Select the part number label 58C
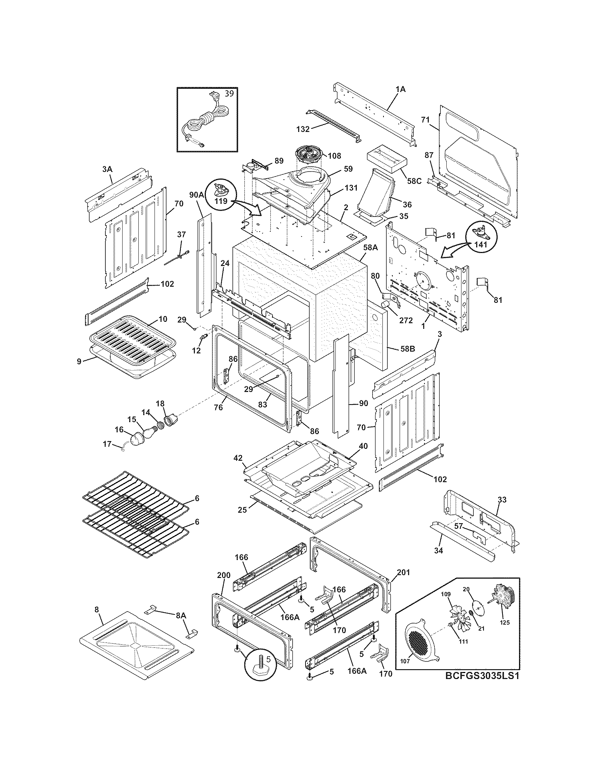point(414,181)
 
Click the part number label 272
point(406,320)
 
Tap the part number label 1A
point(400,89)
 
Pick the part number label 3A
point(107,169)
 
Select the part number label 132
point(303,129)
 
